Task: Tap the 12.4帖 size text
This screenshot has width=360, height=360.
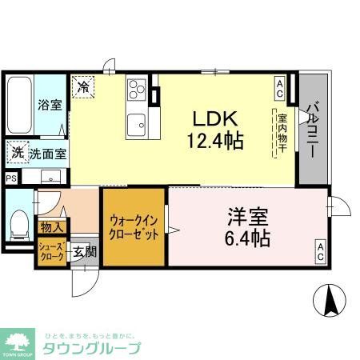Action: click(216, 141)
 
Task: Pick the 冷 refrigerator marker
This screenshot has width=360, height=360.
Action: click(82, 86)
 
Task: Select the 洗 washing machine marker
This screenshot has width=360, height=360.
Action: click(17, 151)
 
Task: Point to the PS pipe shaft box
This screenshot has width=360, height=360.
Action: click(11, 178)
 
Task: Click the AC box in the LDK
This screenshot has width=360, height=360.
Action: click(279, 85)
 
